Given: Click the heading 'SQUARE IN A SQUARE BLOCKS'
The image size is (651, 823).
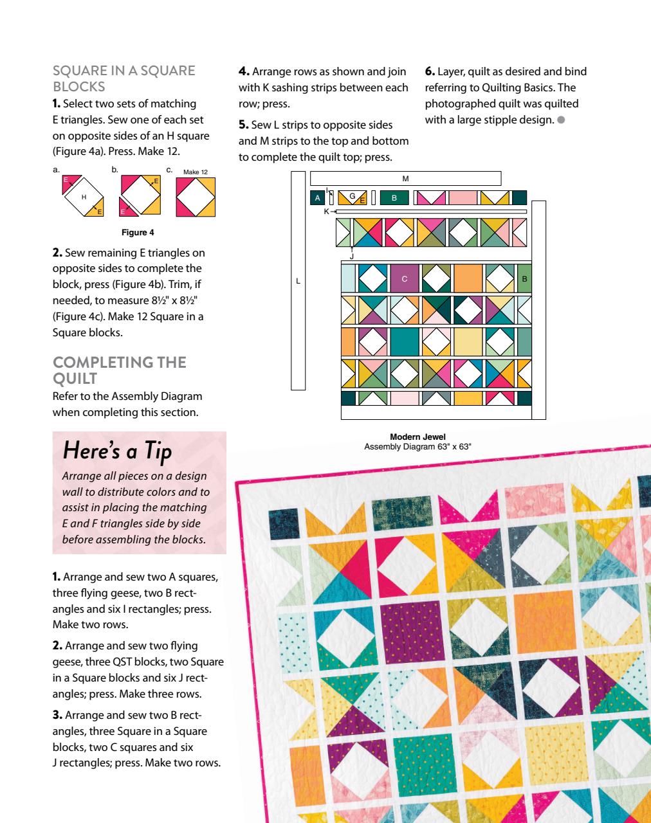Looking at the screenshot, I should (124, 78).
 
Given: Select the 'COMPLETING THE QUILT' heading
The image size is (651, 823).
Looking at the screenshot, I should (119, 370).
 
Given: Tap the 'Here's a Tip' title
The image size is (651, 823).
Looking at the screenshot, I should (117, 451).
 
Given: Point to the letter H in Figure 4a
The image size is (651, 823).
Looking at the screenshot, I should (84, 197).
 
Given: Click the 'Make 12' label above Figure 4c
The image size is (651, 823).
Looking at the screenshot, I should (196, 172).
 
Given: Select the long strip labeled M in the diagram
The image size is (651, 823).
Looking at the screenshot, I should (405, 178).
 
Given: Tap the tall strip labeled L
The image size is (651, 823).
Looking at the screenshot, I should (298, 280).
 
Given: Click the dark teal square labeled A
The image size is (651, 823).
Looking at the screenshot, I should (317, 198).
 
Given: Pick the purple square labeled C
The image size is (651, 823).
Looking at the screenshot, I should (404, 279).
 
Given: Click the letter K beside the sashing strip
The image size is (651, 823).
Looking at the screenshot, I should (327, 211).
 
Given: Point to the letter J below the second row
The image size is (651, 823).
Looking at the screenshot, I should (352, 257).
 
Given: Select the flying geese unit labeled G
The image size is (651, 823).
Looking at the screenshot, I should (353, 197).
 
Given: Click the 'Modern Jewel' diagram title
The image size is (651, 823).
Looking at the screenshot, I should (417, 437).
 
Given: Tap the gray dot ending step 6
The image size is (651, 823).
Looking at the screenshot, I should (562, 120).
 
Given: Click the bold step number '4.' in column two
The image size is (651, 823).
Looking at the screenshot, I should (244, 71).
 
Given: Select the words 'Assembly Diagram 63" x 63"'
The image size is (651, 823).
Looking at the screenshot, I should (417, 446).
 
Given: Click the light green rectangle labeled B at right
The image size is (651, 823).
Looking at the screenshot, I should (524, 279).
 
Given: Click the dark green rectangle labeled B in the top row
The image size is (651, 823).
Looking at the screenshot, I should (394, 198).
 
